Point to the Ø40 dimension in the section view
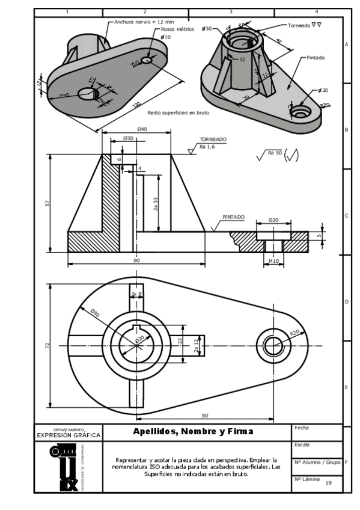pos(142,129)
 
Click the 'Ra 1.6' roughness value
pos(207,146)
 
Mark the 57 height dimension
pos(48,203)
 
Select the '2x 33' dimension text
pos(156,203)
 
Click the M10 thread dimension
pos(273,261)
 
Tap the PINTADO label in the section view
pos(233,217)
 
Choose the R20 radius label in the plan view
pos(294,332)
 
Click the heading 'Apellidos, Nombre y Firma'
pos(193,431)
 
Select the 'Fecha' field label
pos(302,428)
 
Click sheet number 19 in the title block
pos(328,483)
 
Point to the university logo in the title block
pos(63,467)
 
